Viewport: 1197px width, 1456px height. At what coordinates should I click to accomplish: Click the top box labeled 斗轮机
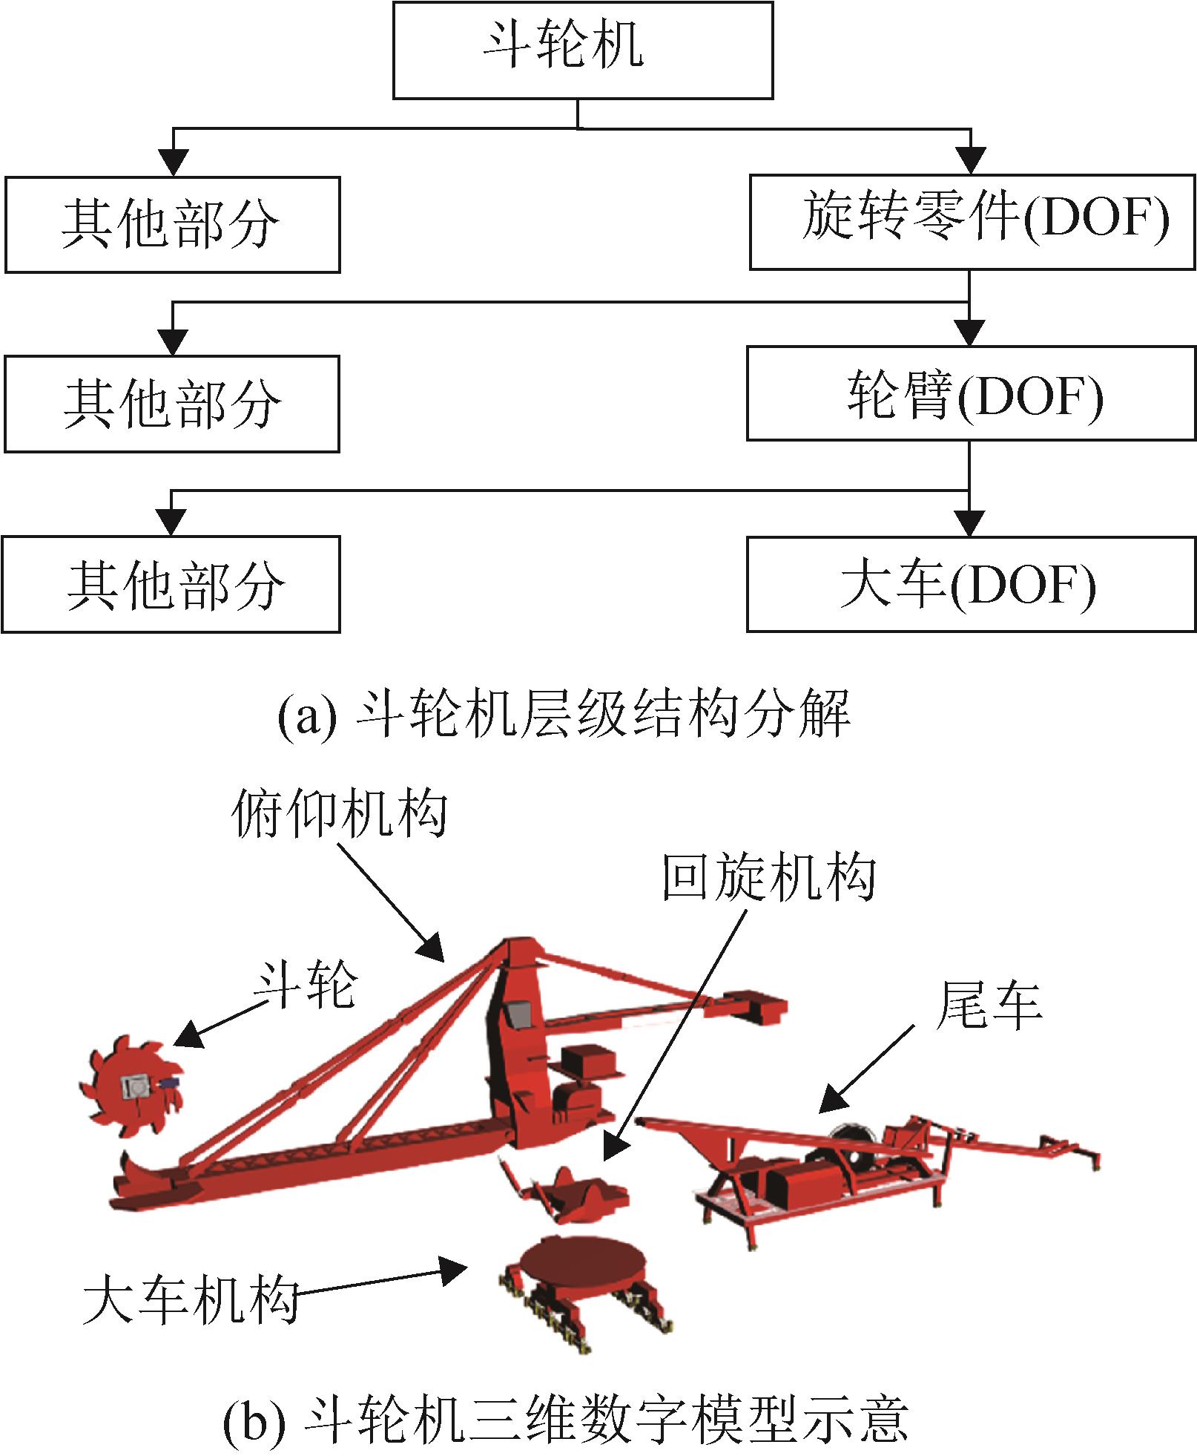point(582,50)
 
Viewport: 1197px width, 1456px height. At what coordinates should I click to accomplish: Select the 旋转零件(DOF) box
point(972,222)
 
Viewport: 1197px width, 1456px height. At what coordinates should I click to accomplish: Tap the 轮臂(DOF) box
point(972,393)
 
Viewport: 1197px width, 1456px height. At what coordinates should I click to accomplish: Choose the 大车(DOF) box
point(972,584)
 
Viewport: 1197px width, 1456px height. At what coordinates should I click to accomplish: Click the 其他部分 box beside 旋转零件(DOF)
point(172,225)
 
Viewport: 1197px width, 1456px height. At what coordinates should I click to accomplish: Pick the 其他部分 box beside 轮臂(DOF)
point(172,404)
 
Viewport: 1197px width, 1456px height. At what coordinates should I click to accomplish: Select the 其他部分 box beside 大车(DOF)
point(172,585)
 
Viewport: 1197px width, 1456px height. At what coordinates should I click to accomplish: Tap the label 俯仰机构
point(340,813)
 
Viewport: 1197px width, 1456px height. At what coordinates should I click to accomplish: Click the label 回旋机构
point(768,876)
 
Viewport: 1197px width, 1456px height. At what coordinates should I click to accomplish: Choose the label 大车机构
point(191,1300)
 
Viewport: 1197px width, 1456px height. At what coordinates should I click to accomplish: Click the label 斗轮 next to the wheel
point(306,985)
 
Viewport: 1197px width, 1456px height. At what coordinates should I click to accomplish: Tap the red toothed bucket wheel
point(132,1089)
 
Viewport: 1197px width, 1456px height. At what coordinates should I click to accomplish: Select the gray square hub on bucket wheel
point(136,1088)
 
